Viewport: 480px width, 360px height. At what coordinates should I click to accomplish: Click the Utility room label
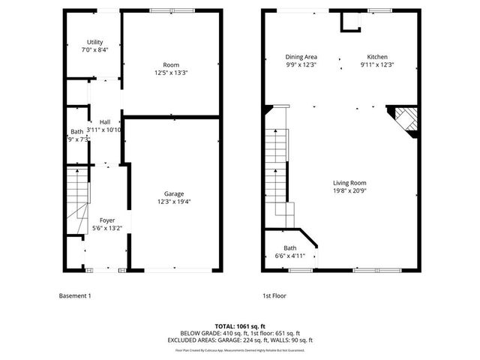pyautogui.click(x=94, y=42)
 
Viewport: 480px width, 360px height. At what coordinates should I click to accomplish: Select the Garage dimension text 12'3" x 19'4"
pyautogui.click(x=174, y=202)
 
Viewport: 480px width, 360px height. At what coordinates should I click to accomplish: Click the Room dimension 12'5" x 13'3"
pyautogui.click(x=171, y=73)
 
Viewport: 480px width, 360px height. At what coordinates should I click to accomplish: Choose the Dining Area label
pyautogui.click(x=301, y=57)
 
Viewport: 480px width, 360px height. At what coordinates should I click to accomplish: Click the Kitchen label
pyautogui.click(x=376, y=57)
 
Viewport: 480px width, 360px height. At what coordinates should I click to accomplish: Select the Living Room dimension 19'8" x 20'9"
pyautogui.click(x=349, y=190)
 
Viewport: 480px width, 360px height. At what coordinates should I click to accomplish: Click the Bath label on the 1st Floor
pyautogui.click(x=289, y=248)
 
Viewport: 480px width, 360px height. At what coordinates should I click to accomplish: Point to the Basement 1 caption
pyautogui.click(x=75, y=295)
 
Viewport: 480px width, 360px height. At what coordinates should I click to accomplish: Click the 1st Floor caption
pyautogui.click(x=274, y=295)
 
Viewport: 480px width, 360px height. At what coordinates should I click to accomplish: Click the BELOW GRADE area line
pyautogui.click(x=240, y=333)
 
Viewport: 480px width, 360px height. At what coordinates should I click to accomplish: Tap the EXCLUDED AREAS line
pyautogui.click(x=240, y=340)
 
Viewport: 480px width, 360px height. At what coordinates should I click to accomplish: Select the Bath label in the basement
pyautogui.click(x=76, y=131)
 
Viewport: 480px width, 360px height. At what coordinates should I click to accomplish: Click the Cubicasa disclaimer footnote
pyautogui.click(x=240, y=349)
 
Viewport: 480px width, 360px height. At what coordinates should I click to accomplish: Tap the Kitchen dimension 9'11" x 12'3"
pyautogui.click(x=376, y=65)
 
